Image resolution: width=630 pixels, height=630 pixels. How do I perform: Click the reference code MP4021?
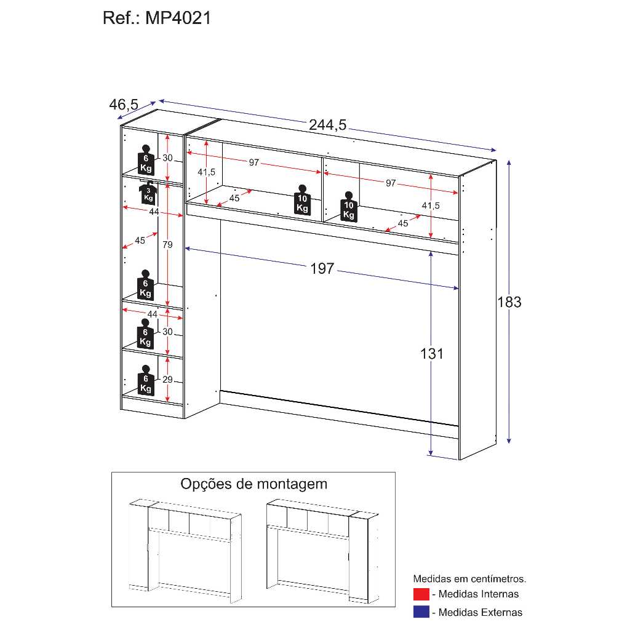coord(178,18)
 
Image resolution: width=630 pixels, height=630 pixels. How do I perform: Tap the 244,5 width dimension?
coord(327,125)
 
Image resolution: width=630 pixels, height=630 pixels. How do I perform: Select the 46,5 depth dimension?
coord(124,105)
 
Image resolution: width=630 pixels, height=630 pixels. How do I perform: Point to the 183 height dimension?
coord(509,302)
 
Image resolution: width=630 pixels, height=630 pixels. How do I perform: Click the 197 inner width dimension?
coord(322,268)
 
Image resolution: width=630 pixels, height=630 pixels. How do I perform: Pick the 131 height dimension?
coord(431,354)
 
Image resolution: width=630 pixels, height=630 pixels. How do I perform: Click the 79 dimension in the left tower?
coord(167,245)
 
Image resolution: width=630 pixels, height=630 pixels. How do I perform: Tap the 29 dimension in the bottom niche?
coord(167,379)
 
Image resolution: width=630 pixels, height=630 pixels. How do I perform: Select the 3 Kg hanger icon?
coord(148,193)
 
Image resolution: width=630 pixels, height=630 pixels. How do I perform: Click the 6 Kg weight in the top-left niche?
coord(146,160)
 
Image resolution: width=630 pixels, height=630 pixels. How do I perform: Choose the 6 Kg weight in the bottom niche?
coord(145,380)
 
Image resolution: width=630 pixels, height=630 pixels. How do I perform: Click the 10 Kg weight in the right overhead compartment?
coord(349,207)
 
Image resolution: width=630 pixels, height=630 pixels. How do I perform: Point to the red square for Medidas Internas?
coord(421,594)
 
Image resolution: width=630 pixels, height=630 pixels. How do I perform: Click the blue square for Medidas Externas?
coord(421,612)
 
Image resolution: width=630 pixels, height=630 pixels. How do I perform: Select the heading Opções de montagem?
coord(254,484)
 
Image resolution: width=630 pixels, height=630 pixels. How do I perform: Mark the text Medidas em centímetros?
coord(469,579)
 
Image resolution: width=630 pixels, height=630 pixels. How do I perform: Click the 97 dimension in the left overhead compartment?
coord(254,162)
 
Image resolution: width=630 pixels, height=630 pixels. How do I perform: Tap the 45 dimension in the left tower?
coord(140,241)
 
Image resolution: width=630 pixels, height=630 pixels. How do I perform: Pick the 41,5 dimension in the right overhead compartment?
coord(431,205)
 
